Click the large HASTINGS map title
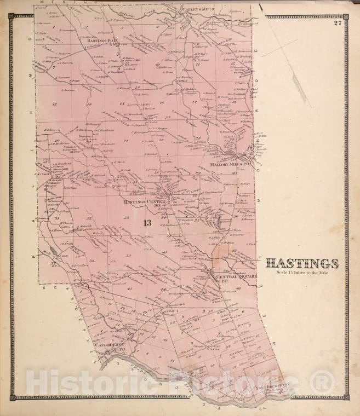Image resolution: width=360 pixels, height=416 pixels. pyautogui.click(x=302, y=263)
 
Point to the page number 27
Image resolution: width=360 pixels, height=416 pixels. pyautogui.click(x=338, y=22)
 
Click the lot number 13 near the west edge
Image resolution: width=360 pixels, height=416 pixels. pyautogui.click(x=54, y=103)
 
